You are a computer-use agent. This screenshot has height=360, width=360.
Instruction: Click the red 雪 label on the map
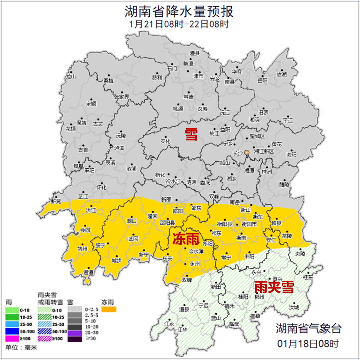point(191,135)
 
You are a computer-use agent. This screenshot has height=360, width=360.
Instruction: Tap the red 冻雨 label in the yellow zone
point(186,239)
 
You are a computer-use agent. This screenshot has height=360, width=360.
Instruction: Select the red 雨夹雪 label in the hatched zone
point(274,287)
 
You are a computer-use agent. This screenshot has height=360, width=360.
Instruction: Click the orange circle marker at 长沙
point(247,153)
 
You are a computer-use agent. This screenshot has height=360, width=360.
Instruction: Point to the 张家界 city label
point(121,97)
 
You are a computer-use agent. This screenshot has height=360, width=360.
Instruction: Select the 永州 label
point(195,264)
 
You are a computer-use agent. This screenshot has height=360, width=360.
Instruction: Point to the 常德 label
point(188,97)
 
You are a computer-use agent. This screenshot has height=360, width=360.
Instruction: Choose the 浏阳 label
point(291,154)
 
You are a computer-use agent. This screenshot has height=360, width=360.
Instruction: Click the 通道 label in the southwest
point(89,272)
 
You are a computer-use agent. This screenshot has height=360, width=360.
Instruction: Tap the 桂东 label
point(308,277)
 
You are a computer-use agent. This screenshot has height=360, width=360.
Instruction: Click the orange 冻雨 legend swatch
point(109,310)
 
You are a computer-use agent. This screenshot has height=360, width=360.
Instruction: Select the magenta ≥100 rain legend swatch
point(12,339)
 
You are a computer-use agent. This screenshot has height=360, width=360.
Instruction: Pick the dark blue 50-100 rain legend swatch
point(12,331)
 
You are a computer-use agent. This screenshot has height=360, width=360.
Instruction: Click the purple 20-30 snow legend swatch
point(75,332)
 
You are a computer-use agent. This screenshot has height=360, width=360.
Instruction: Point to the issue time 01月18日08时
point(308,343)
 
